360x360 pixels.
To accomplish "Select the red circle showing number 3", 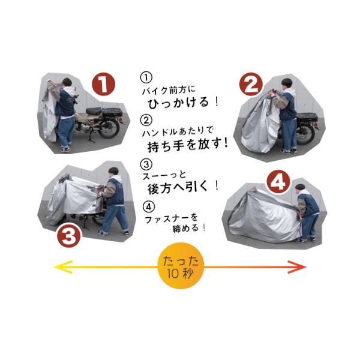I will pos(69,236).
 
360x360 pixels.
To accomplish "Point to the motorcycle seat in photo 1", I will pos(94,110).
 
